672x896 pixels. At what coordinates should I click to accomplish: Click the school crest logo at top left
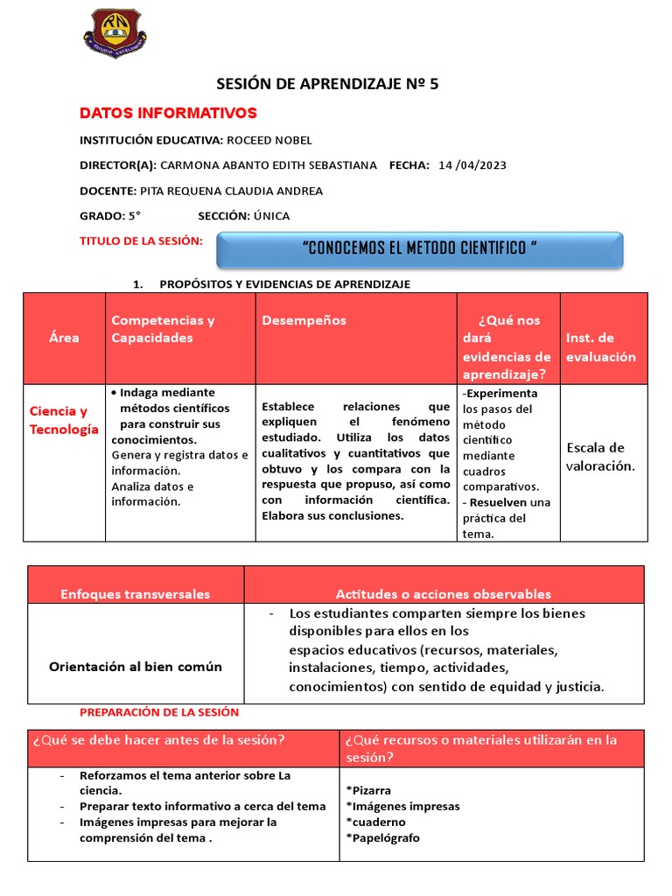click(x=115, y=32)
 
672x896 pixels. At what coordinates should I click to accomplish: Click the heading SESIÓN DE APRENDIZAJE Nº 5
click(x=327, y=84)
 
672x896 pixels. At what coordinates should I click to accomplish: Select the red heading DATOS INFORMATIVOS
click(x=168, y=113)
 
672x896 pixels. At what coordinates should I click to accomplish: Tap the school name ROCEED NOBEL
click(x=269, y=140)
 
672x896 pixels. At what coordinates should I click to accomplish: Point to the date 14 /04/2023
click(x=472, y=165)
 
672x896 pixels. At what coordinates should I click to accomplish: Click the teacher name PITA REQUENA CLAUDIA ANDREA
click(x=231, y=191)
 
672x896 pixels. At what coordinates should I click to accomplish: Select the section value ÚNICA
click(x=271, y=216)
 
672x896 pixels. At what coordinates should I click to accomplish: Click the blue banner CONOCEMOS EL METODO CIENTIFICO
click(x=419, y=248)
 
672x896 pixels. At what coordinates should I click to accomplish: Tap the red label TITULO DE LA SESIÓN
click(x=141, y=241)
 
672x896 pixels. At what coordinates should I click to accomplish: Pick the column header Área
click(x=65, y=338)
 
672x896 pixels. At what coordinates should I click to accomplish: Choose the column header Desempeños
click(x=304, y=320)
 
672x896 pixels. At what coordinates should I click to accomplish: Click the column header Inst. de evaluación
click(x=601, y=347)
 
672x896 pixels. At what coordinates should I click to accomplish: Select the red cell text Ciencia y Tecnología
click(x=64, y=420)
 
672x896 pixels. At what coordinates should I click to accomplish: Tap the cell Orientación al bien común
click(x=136, y=666)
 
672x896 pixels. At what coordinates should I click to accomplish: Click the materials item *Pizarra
click(x=368, y=790)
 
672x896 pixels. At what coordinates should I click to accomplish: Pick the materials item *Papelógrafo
click(x=382, y=837)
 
